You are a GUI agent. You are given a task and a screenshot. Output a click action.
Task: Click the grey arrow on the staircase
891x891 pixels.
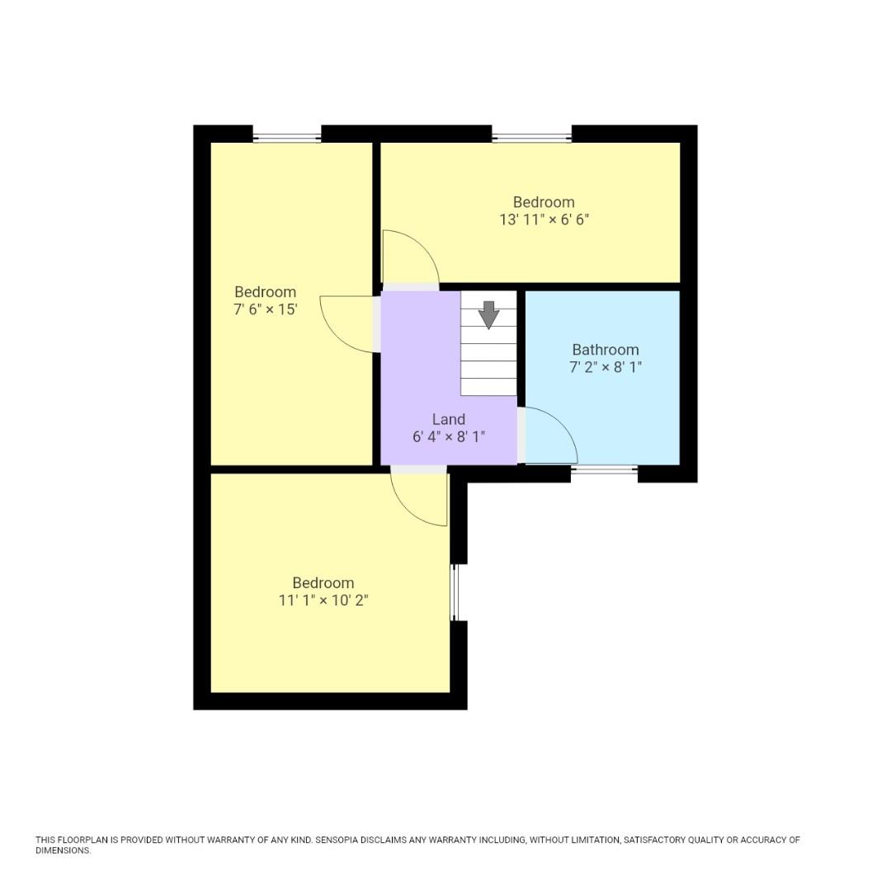pos(489,314)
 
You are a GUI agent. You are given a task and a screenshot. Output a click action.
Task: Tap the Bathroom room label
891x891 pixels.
pos(606,350)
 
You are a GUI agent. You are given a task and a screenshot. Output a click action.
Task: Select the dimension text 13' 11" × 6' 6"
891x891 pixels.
pos(544,220)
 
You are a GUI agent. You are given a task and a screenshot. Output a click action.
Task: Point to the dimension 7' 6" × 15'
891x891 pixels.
pos(265,310)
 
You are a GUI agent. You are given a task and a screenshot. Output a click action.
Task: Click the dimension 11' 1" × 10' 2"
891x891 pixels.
pos(323,601)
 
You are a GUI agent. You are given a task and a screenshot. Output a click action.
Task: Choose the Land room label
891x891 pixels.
pos(449,419)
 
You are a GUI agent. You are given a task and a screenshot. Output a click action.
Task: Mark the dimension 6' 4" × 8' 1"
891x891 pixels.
pos(449,436)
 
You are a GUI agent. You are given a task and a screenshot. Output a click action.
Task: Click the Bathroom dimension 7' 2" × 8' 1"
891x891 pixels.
pos(606,367)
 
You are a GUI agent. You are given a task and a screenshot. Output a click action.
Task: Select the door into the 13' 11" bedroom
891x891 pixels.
pos(411,256)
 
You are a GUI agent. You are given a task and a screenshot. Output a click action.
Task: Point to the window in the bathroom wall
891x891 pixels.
pos(604,470)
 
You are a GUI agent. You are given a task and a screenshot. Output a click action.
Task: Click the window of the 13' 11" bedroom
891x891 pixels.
pos(531,137)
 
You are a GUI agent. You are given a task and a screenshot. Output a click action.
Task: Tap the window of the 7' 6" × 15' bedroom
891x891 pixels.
pos(286,137)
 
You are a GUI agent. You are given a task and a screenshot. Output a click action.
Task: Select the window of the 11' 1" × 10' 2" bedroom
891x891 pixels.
pos(455,592)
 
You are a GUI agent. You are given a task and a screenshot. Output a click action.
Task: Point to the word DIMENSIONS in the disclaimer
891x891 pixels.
pos(63,851)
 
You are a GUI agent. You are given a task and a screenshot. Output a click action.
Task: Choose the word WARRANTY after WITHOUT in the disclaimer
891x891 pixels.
pos(232,840)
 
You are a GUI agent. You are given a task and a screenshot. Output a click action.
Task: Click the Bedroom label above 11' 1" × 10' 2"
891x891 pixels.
pos(323,583)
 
